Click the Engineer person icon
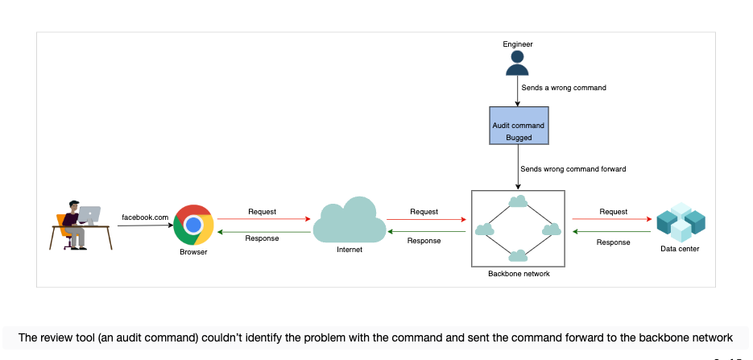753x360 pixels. tap(517, 64)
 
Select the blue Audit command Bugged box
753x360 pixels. tap(519, 126)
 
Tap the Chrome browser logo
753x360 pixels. tap(193, 225)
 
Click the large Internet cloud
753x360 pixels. tap(350, 221)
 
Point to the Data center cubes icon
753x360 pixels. tap(681, 222)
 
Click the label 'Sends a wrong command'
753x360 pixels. tap(564, 88)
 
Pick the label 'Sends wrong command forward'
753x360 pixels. tap(573, 169)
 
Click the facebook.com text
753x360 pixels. tap(145, 217)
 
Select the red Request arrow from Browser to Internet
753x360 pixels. tap(263, 219)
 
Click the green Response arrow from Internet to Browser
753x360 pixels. tap(263, 232)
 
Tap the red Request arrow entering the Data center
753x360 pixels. tap(612, 219)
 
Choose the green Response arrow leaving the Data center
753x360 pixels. tap(612, 232)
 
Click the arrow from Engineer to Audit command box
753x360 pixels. tap(518, 91)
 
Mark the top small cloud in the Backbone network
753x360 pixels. tap(518, 201)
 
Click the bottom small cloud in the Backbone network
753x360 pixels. tap(518, 256)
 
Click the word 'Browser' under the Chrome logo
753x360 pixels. tap(193, 252)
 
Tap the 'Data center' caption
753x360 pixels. tap(680, 249)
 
